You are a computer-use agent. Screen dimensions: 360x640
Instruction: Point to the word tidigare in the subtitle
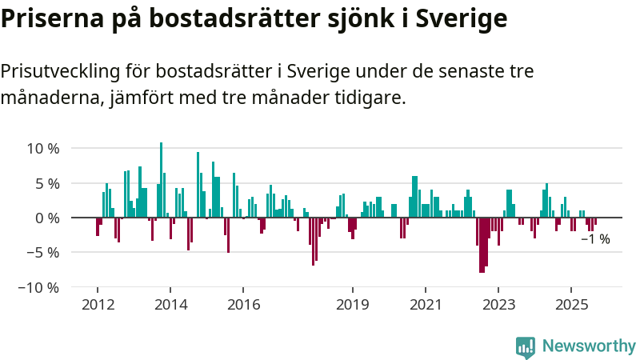(x=373, y=98)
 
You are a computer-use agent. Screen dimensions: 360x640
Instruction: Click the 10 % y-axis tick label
(x=42, y=149)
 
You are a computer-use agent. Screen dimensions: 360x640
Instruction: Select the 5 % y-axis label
(x=46, y=183)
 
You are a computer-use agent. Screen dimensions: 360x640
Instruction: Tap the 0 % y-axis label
(x=46, y=218)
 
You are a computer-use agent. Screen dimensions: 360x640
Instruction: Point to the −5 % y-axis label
(x=42, y=252)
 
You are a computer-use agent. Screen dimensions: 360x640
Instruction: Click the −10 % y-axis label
(x=38, y=286)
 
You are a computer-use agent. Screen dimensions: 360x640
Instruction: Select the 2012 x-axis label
(x=97, y=305)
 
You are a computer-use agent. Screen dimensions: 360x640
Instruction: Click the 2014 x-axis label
(x=170, y=305)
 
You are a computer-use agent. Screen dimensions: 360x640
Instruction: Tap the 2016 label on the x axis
(x=244, y=305)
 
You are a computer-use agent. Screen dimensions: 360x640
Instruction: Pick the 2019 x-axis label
(x=352, y=305)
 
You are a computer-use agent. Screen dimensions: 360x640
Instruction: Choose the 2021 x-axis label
(x=425, y=305)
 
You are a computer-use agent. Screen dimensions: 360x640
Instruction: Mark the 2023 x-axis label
(x=498, y=305)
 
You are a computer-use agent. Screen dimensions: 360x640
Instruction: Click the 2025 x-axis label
(x=571, y=305)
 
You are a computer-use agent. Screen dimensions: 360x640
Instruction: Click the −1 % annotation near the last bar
(x=594, y=239)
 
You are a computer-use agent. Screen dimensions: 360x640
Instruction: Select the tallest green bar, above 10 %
(x=161, y=179)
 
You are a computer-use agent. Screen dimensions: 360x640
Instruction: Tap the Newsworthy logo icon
(x=526, y=346)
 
